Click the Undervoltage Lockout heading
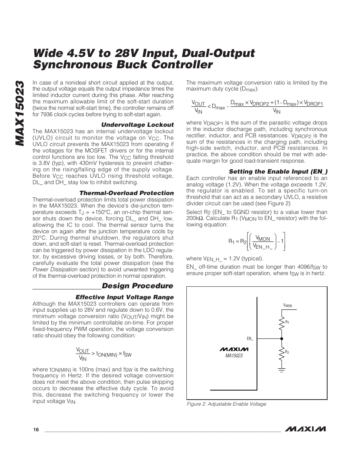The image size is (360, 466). click(x=137, y=125)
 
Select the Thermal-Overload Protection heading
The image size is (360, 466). click(x=126, y=193)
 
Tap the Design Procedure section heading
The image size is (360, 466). click(x=137, y=286)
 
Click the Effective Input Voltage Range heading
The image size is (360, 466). click(x=125, y=297)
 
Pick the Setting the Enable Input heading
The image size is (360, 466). click(x=278, y=171)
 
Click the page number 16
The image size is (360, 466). click(x=36, y=430)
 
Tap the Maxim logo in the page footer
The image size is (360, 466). click(x=306, y=429)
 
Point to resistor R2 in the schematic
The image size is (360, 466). click(x=281, y=352)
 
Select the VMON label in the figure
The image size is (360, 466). click(x=288, y=306)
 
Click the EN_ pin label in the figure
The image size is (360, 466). click(x=250, y=338)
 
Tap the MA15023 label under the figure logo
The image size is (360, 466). click(x=234, y=355)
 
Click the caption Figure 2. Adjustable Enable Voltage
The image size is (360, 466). click(x=227, y=404)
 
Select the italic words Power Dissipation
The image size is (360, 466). click(x=55, y=269)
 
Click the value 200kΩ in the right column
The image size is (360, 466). click(x=195, y=218)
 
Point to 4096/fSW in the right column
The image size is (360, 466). click(x=309, y=267)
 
